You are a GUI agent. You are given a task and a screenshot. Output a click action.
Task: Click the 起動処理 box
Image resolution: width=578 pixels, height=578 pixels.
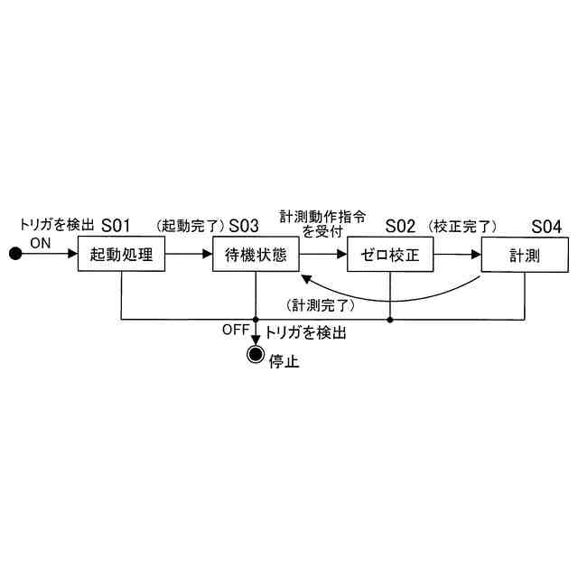pos(122,255)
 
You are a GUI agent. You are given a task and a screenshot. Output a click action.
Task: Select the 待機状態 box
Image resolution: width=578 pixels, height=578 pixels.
pos(256,255)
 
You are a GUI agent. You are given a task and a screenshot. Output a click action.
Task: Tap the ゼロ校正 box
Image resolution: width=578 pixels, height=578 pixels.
pos(389,255)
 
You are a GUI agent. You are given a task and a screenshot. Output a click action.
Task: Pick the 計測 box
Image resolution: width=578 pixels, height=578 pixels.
pos(525,255)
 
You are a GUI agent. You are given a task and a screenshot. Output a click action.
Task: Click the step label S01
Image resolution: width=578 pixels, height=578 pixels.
pos(117,225)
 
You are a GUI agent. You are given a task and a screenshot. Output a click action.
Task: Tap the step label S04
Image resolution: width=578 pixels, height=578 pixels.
pos(546,225)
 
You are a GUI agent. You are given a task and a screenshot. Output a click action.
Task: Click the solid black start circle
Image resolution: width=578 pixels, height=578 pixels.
pos(14,255)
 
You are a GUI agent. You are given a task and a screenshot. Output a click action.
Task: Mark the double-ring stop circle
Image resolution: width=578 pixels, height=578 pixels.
pos(256,354)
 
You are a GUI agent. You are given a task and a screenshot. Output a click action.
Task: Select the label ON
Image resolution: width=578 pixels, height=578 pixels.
pos(41,242)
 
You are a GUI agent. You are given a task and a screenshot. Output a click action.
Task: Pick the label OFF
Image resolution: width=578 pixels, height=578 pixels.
pos(235,330)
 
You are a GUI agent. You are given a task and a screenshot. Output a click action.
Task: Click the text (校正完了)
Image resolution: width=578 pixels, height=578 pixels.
pos(463,226)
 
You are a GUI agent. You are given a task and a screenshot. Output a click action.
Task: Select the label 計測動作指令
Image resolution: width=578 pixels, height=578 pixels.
pos(323,217)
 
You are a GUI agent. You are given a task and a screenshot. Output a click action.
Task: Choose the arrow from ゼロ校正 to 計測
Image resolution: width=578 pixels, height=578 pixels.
pos(455,255)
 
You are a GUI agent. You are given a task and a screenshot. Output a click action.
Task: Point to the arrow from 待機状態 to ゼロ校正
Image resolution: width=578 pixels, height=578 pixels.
pos(322,255)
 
